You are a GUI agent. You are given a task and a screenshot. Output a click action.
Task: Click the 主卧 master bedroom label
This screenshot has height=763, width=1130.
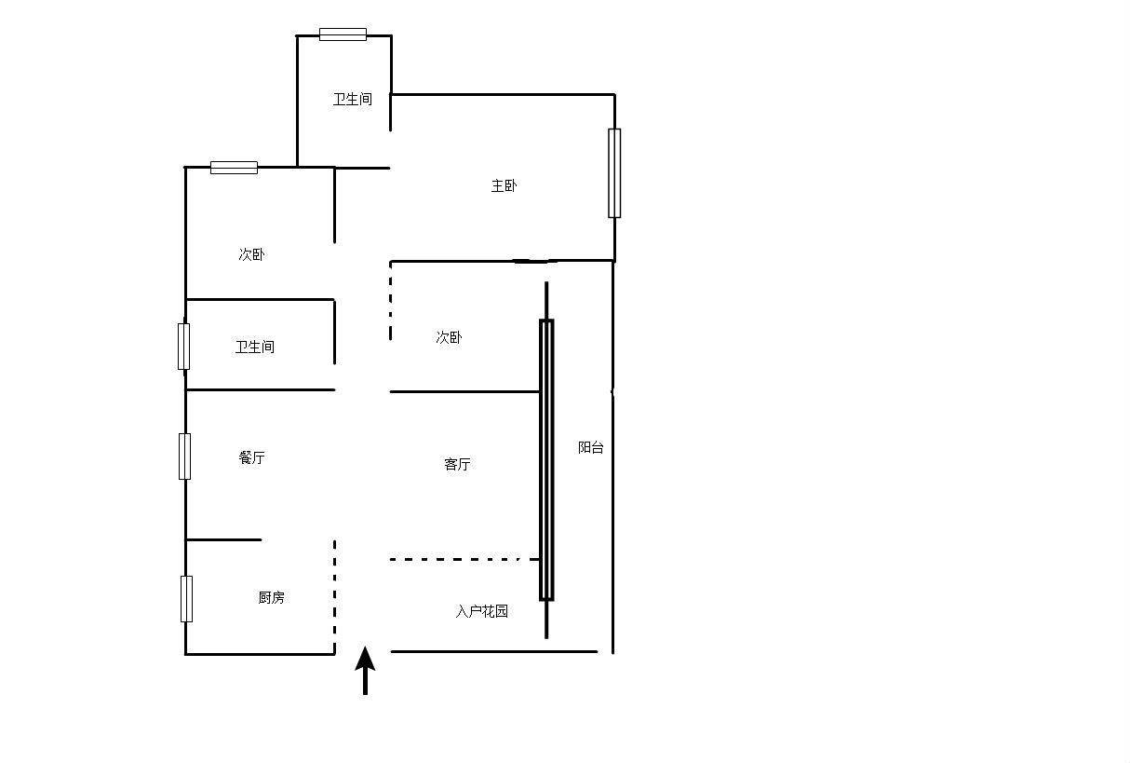click(x=504, y=185)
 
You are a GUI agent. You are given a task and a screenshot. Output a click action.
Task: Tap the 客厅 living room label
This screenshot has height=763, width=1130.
click(x=457, y=464)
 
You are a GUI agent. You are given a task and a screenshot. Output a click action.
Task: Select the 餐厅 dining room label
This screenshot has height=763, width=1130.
click(x=251, y=457)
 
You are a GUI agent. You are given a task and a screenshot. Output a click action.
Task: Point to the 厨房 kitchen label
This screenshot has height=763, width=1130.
click(x=272, y=597)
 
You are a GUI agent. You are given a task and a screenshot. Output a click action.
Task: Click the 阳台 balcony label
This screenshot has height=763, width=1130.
click(x=591, y=447)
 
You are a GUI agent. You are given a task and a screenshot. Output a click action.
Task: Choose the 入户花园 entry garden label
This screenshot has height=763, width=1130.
click(x=482, y=611)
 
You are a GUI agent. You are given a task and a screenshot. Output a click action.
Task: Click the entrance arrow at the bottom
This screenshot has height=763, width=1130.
click(x=365, y=671)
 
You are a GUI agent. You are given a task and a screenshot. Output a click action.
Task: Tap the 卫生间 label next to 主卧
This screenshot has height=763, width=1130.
click(x=353, y=99)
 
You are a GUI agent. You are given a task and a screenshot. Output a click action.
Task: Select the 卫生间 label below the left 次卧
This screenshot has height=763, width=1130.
click(x=255, y=347)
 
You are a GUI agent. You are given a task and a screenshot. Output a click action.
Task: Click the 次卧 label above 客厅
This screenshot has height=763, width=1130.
click(x=449, y=337)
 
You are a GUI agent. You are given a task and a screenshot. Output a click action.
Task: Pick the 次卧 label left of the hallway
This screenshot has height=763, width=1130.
click(x=251, y=254)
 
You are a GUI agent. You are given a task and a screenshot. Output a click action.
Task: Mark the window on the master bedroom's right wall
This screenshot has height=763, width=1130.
click(x=614, y=173)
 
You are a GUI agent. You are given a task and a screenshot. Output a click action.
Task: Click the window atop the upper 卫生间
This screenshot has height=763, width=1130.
click(x=343, y=34)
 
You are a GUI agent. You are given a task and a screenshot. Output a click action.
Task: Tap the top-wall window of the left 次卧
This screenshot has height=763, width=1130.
click(x=234, y=168)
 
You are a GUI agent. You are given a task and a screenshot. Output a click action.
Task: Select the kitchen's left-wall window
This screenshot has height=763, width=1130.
click(x=187, y=599)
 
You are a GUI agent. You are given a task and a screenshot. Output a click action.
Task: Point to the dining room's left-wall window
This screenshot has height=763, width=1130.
click(x=184, y=456)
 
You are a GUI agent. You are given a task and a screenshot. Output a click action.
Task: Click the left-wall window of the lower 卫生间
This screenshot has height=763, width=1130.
click(x=183, y=347)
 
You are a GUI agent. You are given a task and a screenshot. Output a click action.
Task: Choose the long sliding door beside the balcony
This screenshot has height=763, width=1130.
click(x=546, y=460)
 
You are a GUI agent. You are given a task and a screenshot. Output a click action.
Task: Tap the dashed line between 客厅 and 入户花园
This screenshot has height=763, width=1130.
click(x=464, y=559)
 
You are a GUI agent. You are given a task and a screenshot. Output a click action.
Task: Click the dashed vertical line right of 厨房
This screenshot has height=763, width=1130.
click(x=334, y=596)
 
